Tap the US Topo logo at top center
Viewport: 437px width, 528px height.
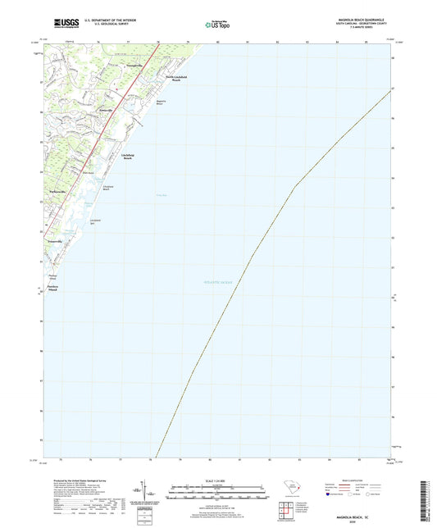point(217,25)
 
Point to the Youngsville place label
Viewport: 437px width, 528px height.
point(132,64)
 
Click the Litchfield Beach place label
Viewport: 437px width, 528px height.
point(128,156)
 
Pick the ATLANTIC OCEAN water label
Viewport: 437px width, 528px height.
point(218,281)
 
